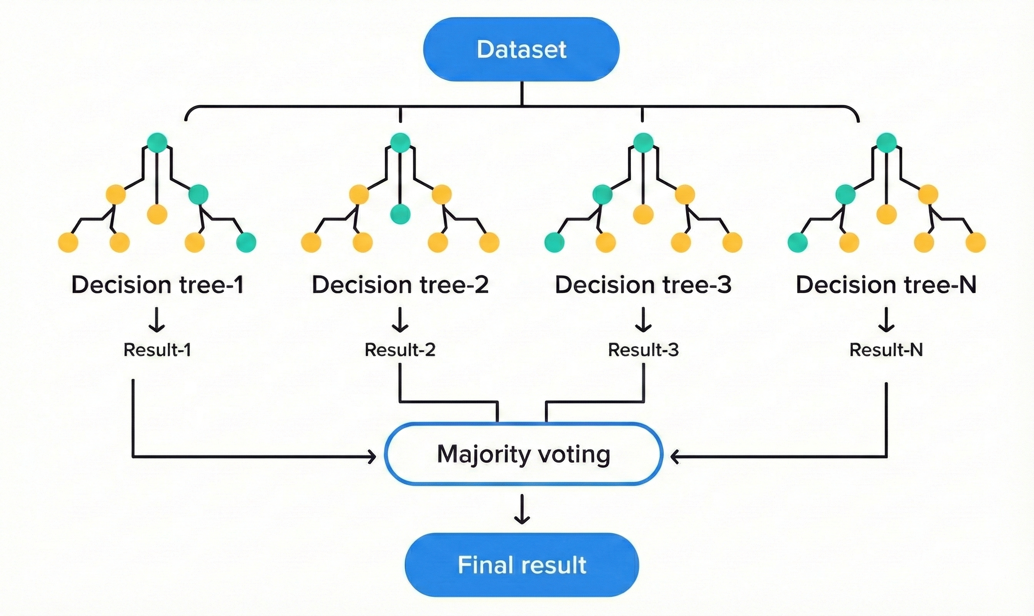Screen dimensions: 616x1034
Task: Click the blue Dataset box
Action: pos(521,49)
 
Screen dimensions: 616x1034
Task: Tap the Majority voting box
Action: pos(523,454)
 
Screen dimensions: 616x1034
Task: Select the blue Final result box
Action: pos(522,565)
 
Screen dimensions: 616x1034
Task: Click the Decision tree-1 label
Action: pos(157,285)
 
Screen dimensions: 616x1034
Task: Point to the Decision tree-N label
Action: pos(886,285)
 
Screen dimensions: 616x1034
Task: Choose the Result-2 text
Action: pos(400,350)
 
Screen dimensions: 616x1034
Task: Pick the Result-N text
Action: pos(886,350)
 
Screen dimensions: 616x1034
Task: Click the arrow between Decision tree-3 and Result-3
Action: pos(643,320)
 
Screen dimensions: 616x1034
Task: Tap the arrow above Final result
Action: pos(522,509)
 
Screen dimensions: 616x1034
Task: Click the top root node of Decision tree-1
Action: pos(157,142)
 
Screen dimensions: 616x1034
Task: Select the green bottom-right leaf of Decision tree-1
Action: pos(246,243)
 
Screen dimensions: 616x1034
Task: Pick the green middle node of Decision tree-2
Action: pos(400,214)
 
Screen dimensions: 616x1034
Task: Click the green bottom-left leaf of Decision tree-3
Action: pos(554,243)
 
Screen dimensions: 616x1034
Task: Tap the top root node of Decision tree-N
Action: pos(886,142)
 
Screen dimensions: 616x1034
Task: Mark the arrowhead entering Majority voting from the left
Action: pos(372,457)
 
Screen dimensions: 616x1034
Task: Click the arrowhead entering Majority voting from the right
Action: pos(674,457)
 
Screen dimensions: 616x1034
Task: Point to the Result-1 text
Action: pos(157,350)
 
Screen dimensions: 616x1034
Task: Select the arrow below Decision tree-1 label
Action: pos(157,320)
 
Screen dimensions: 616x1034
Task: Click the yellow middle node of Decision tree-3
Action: pos(643,214)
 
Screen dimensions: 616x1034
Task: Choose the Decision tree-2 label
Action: pos(400,285)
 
